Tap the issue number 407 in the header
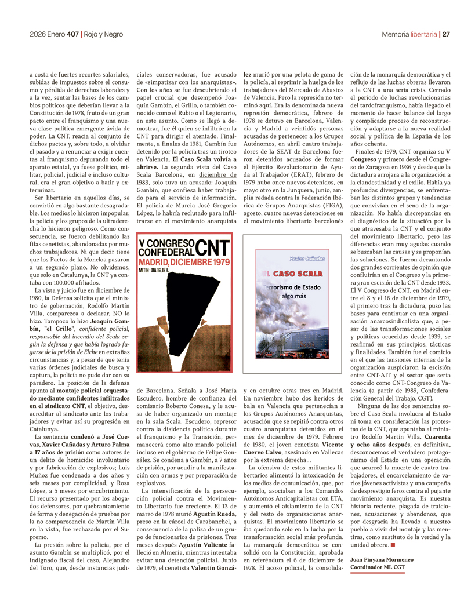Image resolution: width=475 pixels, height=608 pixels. click(x=72, y=34)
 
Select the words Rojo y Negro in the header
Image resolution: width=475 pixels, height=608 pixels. click(x=103, y=34)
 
